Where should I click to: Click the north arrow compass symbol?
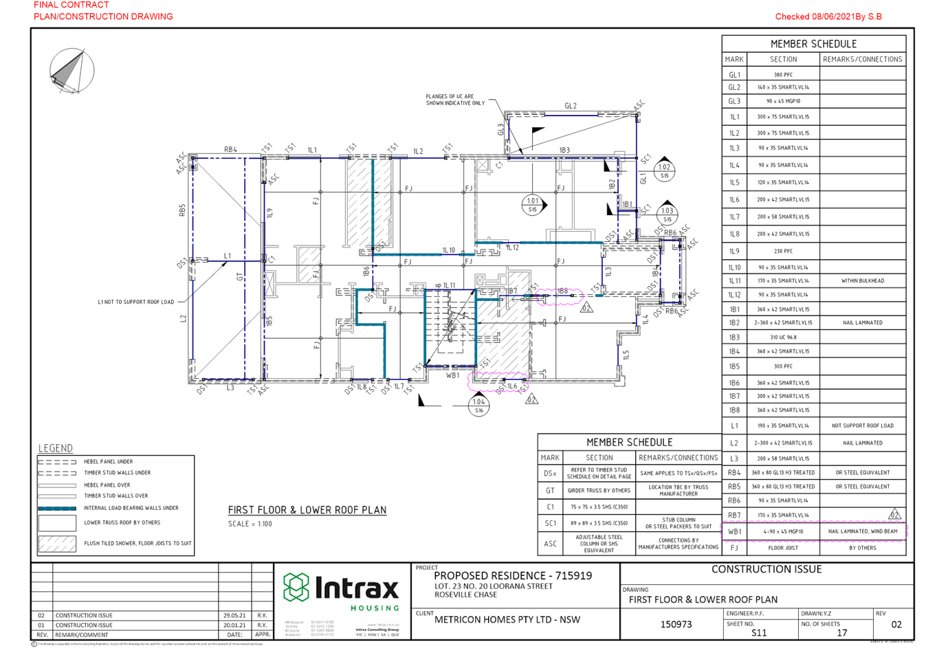pos(71,70)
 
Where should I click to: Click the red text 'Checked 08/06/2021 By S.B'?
pos(828,16)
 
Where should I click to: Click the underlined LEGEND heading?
pos(56,447)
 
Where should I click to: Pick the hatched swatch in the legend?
pos(57,544)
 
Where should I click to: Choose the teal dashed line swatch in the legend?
pos(57,508)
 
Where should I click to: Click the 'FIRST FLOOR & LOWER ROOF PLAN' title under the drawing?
pos(307,510)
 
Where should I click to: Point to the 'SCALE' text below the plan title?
pos(250,524)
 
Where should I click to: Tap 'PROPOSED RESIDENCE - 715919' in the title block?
pos(513,576)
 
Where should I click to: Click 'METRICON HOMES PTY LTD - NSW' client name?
pos(507,619)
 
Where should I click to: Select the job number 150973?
pos(676,624)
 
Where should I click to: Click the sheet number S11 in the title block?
pos(759,632)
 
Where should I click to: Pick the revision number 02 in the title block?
pos(896,624)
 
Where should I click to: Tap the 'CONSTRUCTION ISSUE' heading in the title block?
pos(766,569)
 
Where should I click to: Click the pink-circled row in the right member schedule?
pos(814,531)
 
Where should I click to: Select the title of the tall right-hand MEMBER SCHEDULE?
pos(814,43)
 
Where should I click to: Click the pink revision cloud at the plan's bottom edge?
pos(498,381)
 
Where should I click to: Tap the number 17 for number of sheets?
pos(842,632)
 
